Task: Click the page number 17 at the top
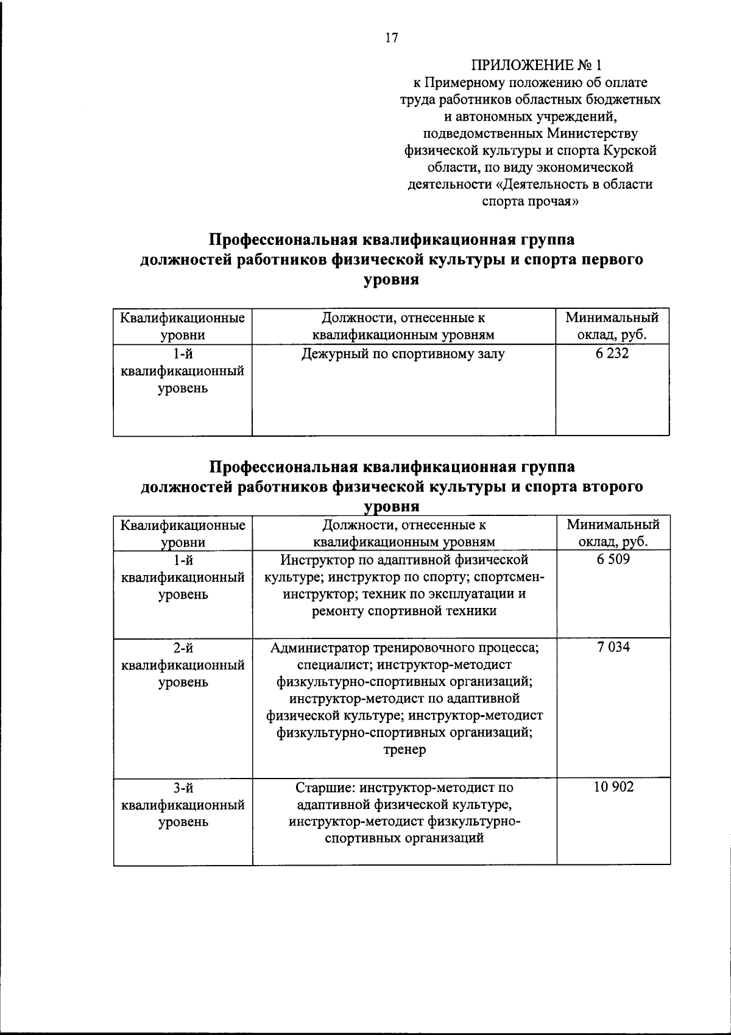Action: click(x=390, y=38)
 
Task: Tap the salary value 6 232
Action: click(x=612, y=353)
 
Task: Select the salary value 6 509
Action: click(x=613, y=559)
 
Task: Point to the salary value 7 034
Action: click(x=613, y=647)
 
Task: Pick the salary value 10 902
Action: click(x=613, y=787)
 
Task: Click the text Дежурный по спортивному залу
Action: click(x=403, y=354)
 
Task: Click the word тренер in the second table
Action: click(x=404, y=750)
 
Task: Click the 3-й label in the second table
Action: click(x=183, y=788)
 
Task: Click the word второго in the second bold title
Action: click(x=611, y=487)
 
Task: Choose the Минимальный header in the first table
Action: click(x=612, y=317)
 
